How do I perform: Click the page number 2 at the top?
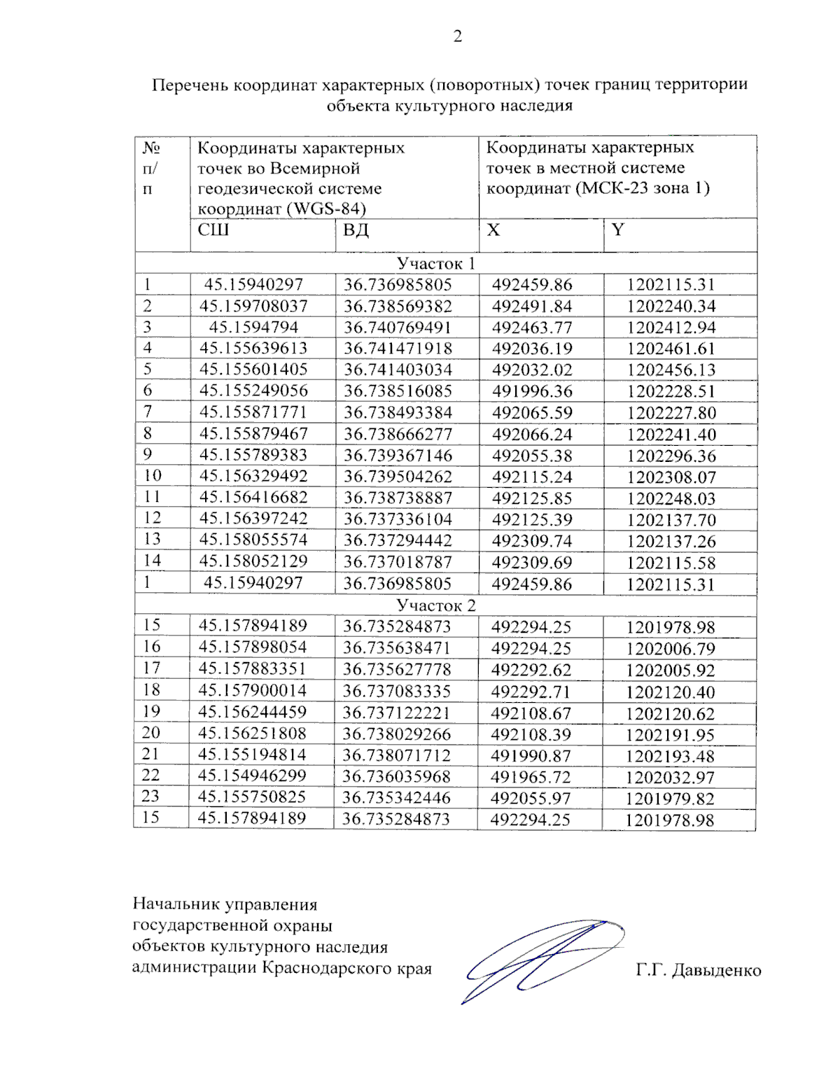pyautogui.click(x=457, y=36)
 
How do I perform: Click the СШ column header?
pyautogui.click(x=213, y=230)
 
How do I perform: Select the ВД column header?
pyautogui.click(x=356, y=230)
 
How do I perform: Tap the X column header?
pyautogui.click(x=493, y=230)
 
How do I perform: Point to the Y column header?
pyautogui.click(x=617, y=230)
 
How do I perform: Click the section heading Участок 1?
pyautogui.click(x=435, y=264)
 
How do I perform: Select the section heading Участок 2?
pyautogui.click(x=435, y=605)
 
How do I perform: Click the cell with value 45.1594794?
pyautogui.click(x=253, y=327)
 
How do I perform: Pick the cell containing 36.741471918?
pyautogui.click(x=398, y=349)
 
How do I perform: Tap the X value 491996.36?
pyautogui.click(x=531, y=391)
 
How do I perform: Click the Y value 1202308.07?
pyautogui.click(x=671, y=477)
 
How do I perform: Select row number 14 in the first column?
pyautogui.click(x=152, y=561)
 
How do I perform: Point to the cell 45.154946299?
pyautogui.click(x=252, y=776)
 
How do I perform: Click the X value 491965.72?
pyautogui.click(x=531, y=778)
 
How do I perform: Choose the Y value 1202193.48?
pyautogui.click(x=670, y=757)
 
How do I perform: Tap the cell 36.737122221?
pyautogui.click(x=396, y=713)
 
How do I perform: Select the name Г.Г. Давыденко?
pyautogui.click(x=698, y=970)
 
